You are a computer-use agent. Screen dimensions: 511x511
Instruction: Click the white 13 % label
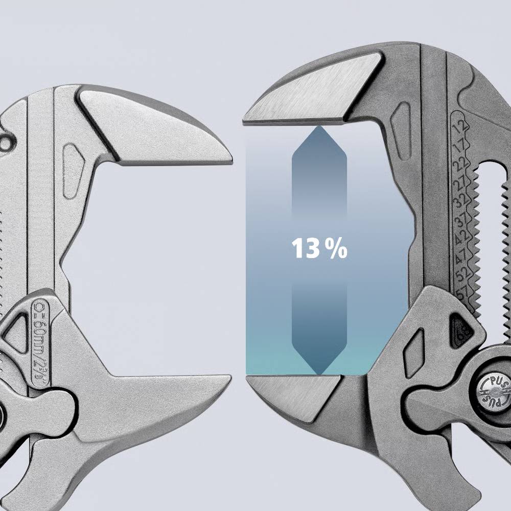[319, 249]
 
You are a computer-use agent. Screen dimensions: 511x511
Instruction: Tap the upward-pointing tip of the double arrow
[319, 129]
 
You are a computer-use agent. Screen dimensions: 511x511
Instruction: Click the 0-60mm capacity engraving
[40, 337]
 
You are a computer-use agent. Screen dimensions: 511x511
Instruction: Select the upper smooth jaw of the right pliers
[312, 95]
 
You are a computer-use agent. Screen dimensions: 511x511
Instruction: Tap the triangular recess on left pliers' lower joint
[15, 332]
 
